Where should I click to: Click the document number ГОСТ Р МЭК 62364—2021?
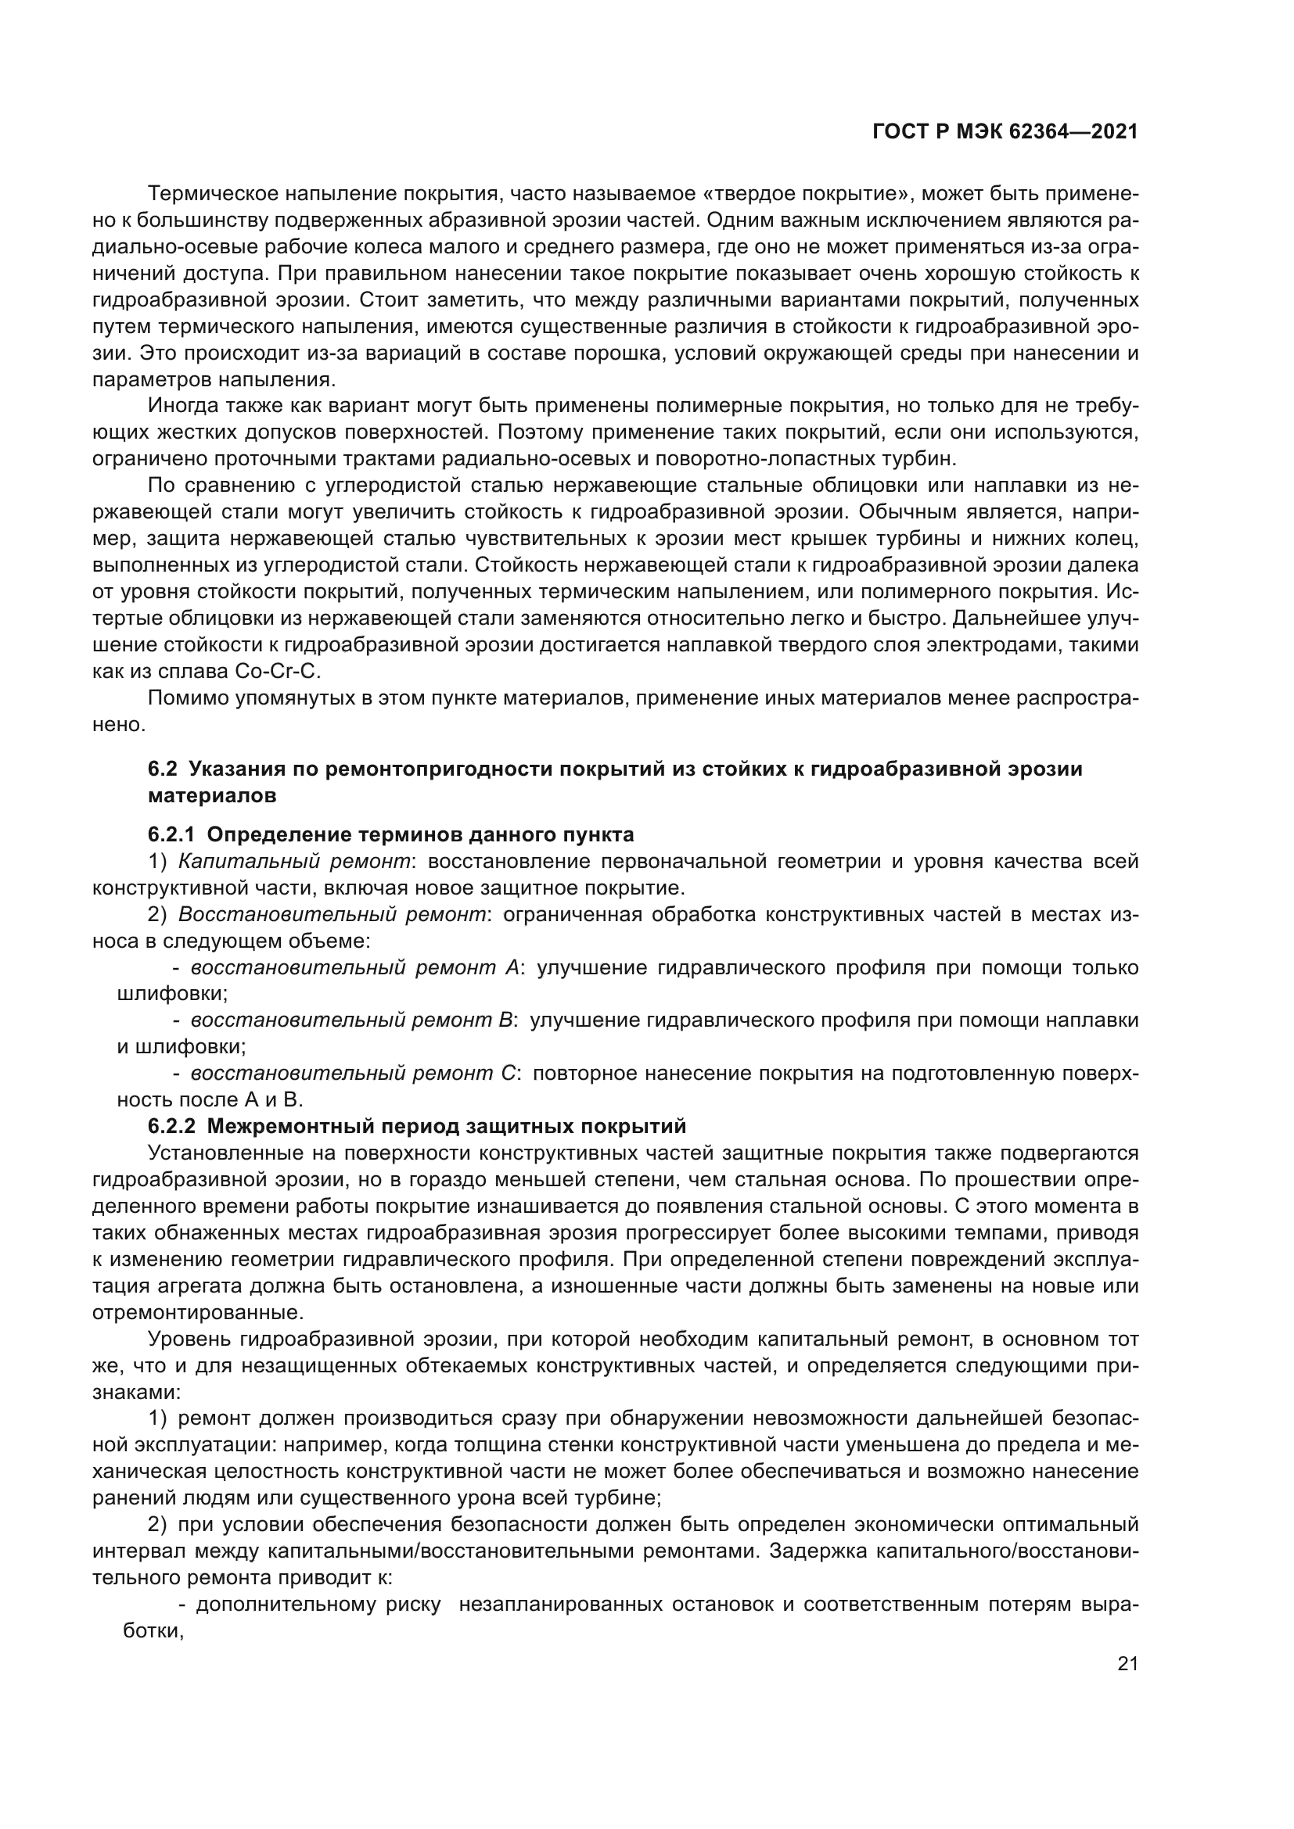[1005, 132]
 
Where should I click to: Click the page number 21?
[1127, 1664]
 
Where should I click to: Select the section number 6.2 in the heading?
[163, 769]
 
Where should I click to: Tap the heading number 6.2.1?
[171, 835]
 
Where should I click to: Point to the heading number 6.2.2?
[171, 1126]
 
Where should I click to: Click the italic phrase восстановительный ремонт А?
[354, 968]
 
